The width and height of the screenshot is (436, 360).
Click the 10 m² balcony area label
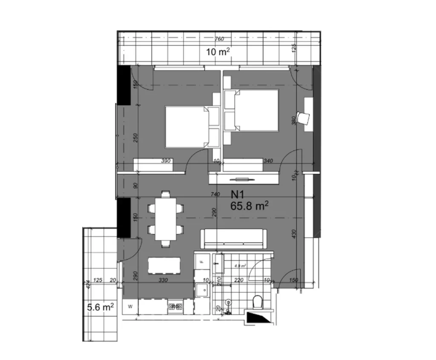pos(218,52)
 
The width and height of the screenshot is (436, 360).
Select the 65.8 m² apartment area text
pos(250,206)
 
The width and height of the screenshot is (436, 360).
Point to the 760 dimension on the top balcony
pos(219,39)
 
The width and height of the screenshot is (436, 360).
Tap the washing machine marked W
pos(130,306)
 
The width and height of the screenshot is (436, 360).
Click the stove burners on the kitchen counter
pos(175,305)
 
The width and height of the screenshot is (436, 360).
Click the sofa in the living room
pos(235,239)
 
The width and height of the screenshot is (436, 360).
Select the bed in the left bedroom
pos(186,127)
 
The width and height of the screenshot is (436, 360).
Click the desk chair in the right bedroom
pos(304,118)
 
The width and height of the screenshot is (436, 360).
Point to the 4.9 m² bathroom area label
pos(241,265)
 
